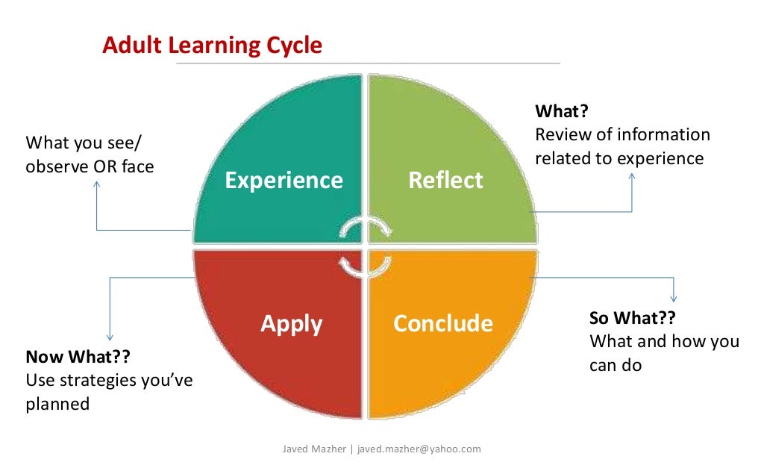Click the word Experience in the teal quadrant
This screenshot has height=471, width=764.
(284, 180)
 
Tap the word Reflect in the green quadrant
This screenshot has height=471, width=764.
(445, 180)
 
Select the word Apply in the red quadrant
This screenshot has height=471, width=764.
(291, 323)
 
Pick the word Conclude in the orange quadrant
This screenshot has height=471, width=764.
(442, 323)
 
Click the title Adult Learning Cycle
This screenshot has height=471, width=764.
(212, 46)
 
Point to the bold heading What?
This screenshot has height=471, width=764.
(562, 111)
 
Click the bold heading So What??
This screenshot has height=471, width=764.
(633, 318)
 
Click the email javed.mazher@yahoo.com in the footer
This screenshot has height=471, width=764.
(419, 449)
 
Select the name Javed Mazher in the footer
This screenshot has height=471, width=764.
(314, 449)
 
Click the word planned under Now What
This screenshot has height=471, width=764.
(57, 404)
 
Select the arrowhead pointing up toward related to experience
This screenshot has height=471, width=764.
(632, 177)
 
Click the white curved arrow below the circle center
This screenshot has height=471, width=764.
(366, 265)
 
